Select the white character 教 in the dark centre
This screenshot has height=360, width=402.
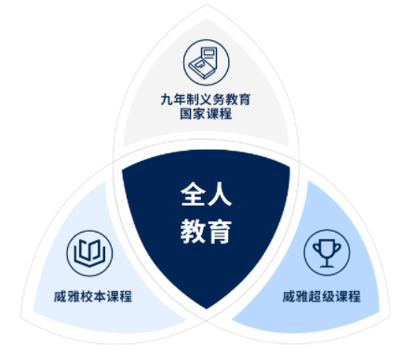point(192,230)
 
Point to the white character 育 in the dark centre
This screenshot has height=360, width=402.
point(219,230)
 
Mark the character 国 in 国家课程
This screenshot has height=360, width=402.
point(185,115)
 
